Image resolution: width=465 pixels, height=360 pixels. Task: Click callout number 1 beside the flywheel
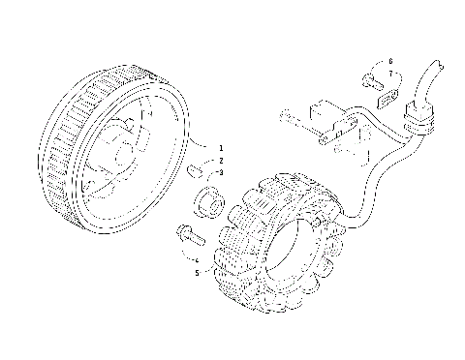[x=221, y=146]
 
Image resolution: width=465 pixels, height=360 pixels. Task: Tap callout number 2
[x=221, y=160]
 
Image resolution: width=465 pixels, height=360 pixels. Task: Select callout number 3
[x=221, y=172]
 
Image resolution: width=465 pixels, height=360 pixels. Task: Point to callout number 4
[x=196, y=260]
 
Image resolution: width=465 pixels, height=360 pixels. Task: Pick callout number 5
[x=196, y=273]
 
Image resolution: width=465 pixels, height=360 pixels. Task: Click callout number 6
[x=390, y=61]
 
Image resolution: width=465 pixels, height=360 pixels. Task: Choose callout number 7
[x=390, y=73]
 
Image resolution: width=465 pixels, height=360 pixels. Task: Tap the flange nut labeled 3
[x=206, y=204]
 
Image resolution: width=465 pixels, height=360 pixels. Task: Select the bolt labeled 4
[x=185, y=233]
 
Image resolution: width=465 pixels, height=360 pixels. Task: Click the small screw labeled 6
[x=372, y=79]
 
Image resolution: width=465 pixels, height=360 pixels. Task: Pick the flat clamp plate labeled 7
[x=387, y=95]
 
